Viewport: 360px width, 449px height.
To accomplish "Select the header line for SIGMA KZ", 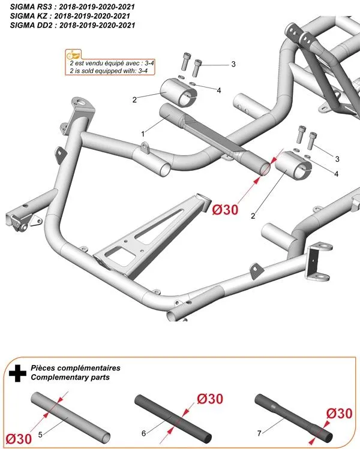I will [70, 15].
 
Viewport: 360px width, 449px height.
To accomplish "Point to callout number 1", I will [143, 132].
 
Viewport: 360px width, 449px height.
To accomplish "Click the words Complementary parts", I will [70, 378].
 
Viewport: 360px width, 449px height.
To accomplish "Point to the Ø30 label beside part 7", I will [340, 414].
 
